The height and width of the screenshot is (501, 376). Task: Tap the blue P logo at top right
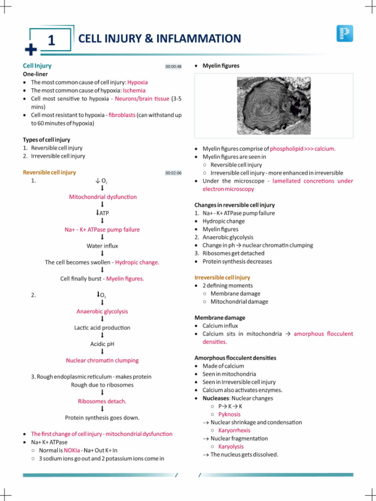click(x=345, y=33)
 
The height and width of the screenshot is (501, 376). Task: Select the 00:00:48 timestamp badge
click(x=173, y=67)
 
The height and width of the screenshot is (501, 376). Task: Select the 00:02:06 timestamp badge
click(x=173, y=173)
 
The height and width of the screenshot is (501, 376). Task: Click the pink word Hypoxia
click(x=138, y=82)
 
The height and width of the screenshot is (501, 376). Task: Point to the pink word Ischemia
click(x=134, y=91)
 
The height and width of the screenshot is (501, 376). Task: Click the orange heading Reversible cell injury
click(x=49, y=173)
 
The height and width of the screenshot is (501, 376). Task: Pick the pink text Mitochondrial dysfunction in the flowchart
click(x=103, y=197)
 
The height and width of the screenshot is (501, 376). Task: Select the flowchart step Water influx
click(x=102, y=246)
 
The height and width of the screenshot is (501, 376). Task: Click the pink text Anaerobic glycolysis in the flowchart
click(x=102, y=312)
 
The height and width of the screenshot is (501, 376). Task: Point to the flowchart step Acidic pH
click(x=102, y=344)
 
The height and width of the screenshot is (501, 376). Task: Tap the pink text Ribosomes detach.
click(x=102, y=401)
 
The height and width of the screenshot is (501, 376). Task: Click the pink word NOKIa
click(x=71, y=450)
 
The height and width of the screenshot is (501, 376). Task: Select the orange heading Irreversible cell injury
click(x=222, y=277)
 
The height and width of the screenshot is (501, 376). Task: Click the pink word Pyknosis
click(x=229, y=414)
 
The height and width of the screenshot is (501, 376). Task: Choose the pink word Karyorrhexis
click(x=234, y=431)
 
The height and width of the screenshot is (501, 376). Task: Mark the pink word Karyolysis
click(x=231, y=447)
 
